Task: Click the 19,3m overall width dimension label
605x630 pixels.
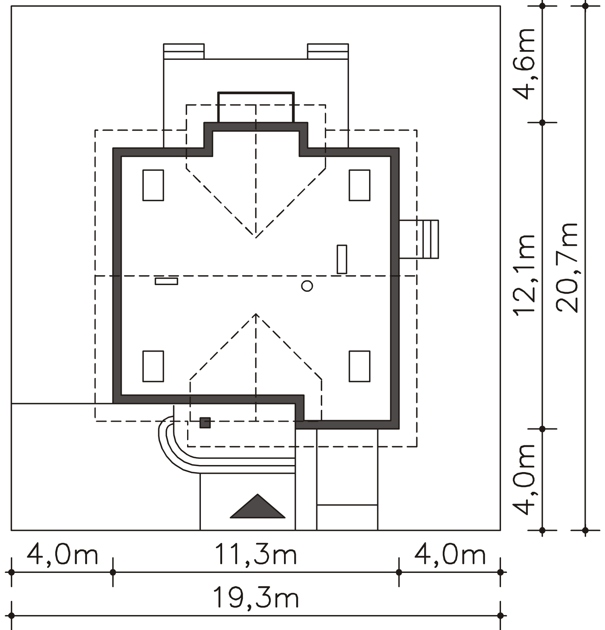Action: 256,598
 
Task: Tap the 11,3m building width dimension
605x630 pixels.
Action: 255,555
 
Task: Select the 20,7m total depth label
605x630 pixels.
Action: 568,268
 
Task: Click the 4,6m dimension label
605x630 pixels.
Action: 524,64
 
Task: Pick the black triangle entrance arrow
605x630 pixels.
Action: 257,506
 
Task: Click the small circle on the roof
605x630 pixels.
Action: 307,286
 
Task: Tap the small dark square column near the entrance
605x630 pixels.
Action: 205,423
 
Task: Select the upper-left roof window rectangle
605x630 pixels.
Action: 153,185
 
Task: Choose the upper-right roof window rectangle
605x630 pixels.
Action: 360,185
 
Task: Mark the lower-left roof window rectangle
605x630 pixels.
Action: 153,366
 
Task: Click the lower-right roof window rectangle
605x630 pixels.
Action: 360,366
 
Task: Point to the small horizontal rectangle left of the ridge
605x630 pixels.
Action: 166,281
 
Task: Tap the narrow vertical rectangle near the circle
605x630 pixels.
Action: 342,259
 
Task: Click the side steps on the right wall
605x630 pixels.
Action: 419,239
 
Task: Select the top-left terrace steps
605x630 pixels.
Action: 184,51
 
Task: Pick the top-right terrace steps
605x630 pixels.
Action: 328,51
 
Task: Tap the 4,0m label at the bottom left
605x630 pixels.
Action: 62,555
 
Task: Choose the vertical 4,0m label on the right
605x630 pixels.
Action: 524,479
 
